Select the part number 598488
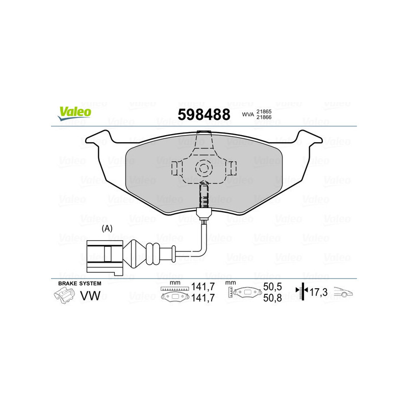pyautogui.click(x=203, y=115)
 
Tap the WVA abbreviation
pyautogui.click(x=248, y=115)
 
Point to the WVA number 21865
pyautogui.click(x=264, y=111)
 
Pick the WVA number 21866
pyautogui.click(x=264, y=118)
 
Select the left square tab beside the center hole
pyautogui.click(x=176, y=167)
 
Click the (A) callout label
pyautogui.click(x=107, y=228)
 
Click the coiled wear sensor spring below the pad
pyautogui.click(x=203, y=196)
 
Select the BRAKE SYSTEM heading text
pyautogui.click(x=80, y=283)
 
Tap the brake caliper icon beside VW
pyautogui.click(x=65, y=295)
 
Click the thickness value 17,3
pyautogui.click(x=318, y=292)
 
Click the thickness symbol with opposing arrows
pyautogui.click(x=302, y=292)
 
